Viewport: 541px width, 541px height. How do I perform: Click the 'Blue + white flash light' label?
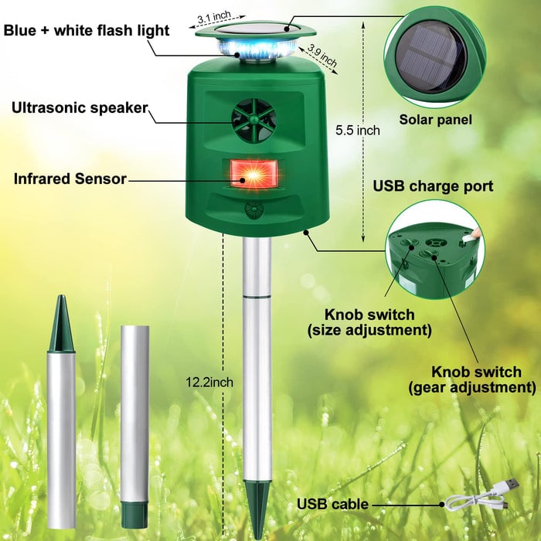click(86, 30)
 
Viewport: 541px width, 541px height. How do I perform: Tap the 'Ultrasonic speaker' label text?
click(79, 107)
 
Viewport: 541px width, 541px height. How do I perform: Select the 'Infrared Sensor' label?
click(70, 179)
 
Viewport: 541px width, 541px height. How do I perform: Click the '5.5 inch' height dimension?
click(357, 131)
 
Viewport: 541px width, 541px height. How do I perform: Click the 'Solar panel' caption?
click(435, 120)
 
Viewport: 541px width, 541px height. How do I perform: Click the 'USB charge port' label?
click(433, 186)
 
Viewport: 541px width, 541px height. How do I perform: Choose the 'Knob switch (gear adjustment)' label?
click(483, 379)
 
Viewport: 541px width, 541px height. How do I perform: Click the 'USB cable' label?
click(332, 505)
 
